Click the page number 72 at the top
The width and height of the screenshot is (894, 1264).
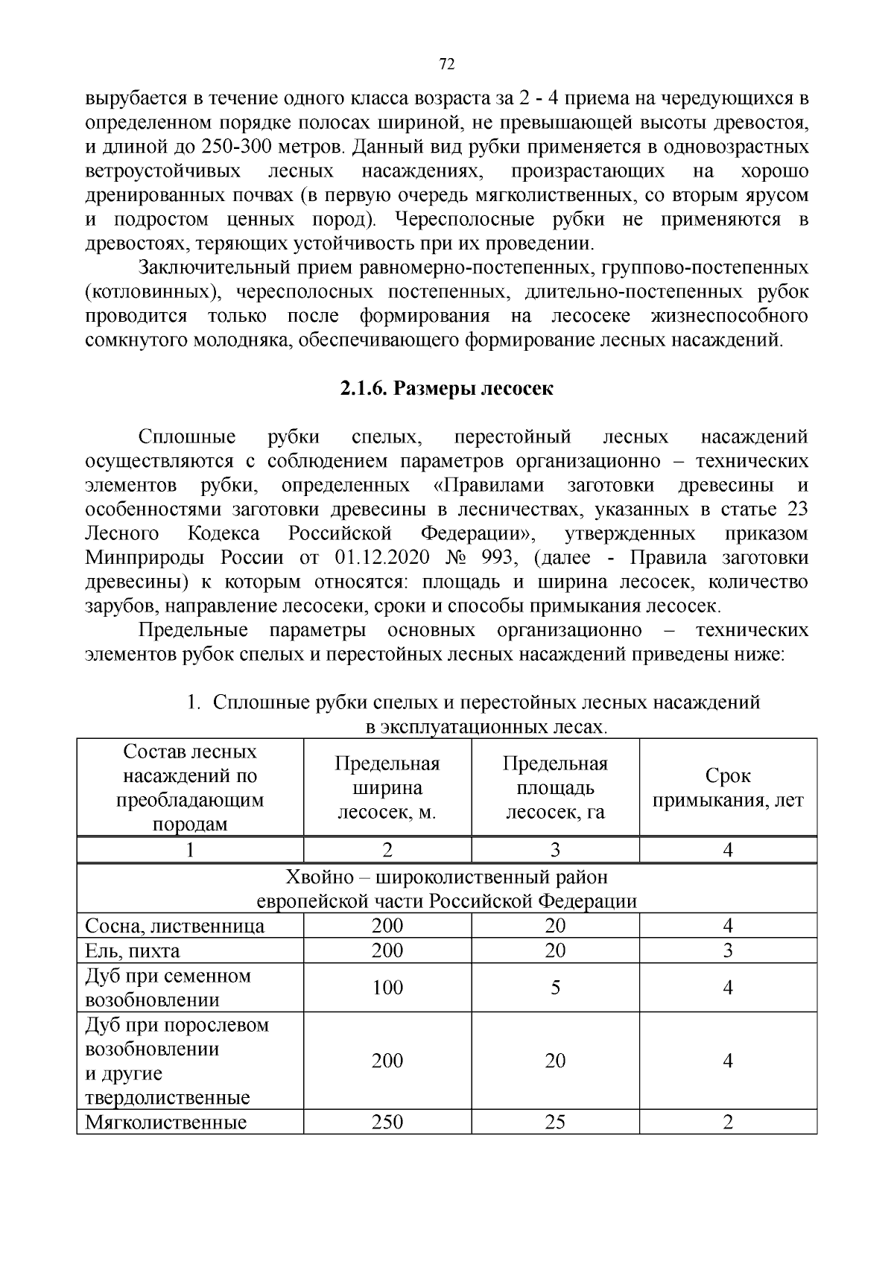(x=447, y=65)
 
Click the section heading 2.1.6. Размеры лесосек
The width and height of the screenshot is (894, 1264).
(x=447, y=389)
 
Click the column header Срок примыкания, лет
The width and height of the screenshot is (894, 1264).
(x=728, y=788)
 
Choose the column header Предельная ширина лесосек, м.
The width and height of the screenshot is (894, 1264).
(x=387, y=788)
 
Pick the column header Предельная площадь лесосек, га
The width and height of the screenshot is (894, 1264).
(x=555, y=788)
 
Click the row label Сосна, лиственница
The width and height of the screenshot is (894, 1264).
(x=174, y=927)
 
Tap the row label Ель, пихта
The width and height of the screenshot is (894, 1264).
(x=133, y=951)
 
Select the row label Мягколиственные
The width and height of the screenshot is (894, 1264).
(x=165, y=1122)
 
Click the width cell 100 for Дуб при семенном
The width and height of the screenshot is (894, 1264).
(x=387, y=988)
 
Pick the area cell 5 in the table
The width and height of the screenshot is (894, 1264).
(x=555, y=988)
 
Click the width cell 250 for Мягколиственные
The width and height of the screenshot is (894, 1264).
(x=387, y=1122)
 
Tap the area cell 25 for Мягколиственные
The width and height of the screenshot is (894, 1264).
(x=555, y=1122)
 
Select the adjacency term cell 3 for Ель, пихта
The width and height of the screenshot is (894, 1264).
(x=728, y=951)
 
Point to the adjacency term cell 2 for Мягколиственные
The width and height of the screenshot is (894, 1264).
(x=728, y=1122)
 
